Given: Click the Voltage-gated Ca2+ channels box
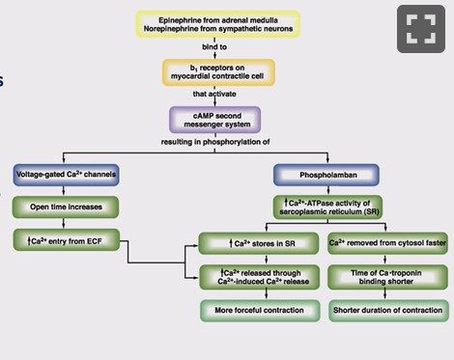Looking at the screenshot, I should pos(64,175).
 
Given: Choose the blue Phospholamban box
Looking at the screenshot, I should pos(319,175).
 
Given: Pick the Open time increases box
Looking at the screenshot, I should pos(64,207).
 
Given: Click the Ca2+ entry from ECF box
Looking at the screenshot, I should pos(64,237).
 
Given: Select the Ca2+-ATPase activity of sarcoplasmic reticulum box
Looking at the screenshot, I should pos(319,207).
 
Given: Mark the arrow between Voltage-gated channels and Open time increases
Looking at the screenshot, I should pos(64,190).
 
